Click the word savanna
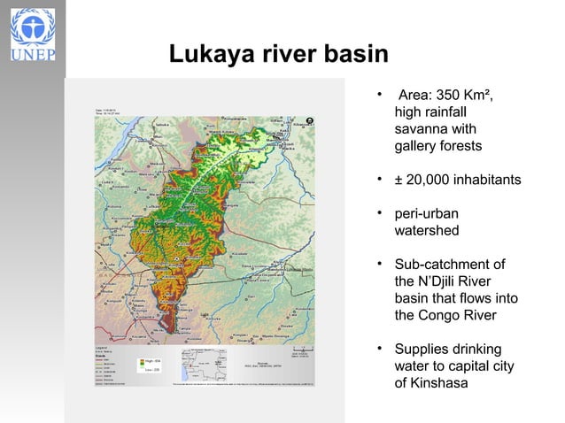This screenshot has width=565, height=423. click(421, 128)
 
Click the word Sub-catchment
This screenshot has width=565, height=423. click(449, 265)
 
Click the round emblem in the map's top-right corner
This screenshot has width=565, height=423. click(309, 118)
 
